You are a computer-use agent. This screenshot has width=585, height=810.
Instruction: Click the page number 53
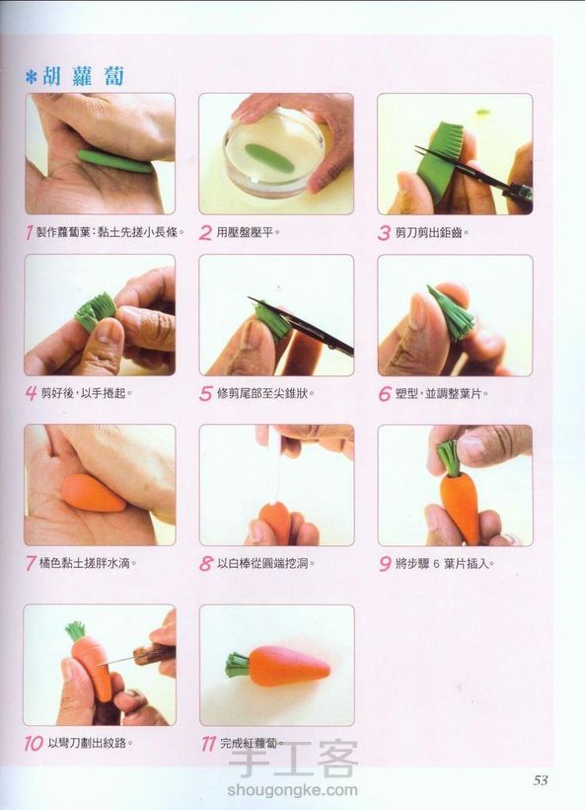click(541, 779)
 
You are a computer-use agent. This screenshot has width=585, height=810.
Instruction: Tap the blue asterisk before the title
click(32, 78)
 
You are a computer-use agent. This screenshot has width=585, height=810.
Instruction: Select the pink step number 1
click(29, 232)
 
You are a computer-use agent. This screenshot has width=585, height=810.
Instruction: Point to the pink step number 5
click(205, 393)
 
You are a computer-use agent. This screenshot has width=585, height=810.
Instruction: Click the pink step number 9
click(385, 563)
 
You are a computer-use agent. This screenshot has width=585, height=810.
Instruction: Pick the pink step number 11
click(208, 744)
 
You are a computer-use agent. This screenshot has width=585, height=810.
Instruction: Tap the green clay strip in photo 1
click(115, 161)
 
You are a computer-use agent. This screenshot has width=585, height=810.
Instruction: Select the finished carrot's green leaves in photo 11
click(238, 665)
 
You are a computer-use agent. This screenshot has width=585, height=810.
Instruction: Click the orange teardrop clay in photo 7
click(93, 493)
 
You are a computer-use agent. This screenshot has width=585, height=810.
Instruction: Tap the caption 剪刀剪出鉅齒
click(432, 232)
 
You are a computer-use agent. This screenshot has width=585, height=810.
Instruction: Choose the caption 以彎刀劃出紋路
click(90, 744)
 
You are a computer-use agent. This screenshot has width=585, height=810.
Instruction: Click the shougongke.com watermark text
click(292, 790)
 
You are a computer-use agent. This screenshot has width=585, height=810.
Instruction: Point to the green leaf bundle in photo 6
click(450, 313)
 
